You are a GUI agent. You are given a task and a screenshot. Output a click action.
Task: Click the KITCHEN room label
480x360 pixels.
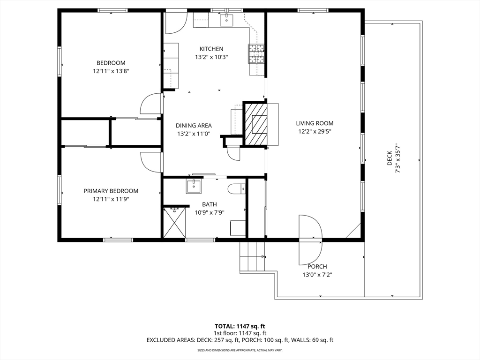point(211,49)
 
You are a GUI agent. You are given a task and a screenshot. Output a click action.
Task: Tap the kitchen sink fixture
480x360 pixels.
point(226,20)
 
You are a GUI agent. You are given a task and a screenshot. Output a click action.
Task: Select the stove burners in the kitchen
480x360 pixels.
point(256,53)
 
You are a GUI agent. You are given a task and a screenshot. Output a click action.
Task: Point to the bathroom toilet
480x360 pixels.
point(237,189)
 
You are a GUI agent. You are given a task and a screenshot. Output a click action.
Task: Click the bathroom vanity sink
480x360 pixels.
point(194,187)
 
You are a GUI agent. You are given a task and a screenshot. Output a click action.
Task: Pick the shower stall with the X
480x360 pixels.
point(174,223)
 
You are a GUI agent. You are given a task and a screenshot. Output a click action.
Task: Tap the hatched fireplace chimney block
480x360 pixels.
point(255,123)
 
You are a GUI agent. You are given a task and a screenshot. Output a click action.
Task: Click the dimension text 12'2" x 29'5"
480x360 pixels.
point(315,132)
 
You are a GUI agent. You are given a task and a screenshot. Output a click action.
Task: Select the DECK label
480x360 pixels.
point(390,158)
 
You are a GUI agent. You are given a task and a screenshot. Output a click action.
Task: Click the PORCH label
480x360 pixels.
point(317,267)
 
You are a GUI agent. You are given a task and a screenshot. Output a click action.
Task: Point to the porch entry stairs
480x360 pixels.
point(252,256)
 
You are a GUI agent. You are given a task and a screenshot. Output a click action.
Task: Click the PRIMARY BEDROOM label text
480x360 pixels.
point(111,191)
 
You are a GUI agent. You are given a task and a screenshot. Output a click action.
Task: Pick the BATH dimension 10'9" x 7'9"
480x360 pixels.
point(210,212)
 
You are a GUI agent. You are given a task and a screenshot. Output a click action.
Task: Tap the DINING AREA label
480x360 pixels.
point(194,126)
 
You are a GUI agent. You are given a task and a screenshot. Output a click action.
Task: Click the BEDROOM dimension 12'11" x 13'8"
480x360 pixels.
point(111,71)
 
